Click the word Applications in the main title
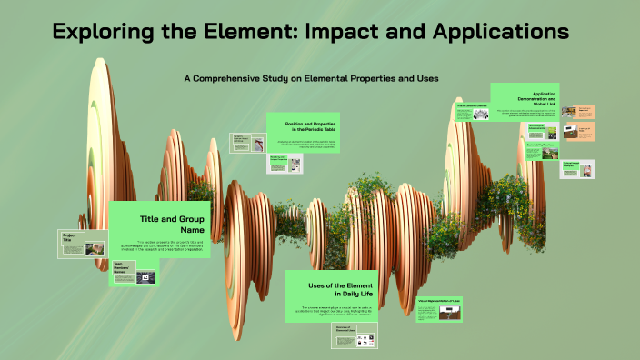click(x=491, y=31)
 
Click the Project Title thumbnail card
click(x=82, y=245)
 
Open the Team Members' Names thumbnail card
click(x=133, y=273)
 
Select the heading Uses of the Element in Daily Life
click(x=342, y=291)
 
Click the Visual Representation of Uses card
click(x=440, y=310)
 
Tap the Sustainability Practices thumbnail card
click(x=543, y=150)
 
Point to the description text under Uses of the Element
click(x=342, y=312)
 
